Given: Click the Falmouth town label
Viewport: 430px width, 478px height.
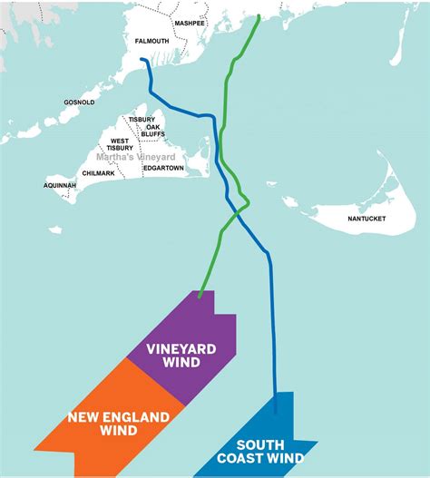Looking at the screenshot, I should pyautogui.click(x=151, y=41).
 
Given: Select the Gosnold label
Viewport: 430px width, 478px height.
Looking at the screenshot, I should pyautogui.click(x=80, y=102).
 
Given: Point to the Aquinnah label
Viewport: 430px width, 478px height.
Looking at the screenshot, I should pyautogui.click(x=61, y=185).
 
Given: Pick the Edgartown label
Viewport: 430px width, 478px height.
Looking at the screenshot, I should pyautogui.click(x=163, y=168).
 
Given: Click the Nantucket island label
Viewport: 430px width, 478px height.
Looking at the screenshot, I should pyautogui.click(x=366, y=219).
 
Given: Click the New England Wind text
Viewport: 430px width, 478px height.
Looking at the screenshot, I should pyautogui.click(x=118, y=424).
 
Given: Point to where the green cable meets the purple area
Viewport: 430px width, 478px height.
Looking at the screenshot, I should pyautogui.click(x=200, y=294).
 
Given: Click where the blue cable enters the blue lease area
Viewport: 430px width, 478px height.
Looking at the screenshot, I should pyautogui.click(x=274, y=395).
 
